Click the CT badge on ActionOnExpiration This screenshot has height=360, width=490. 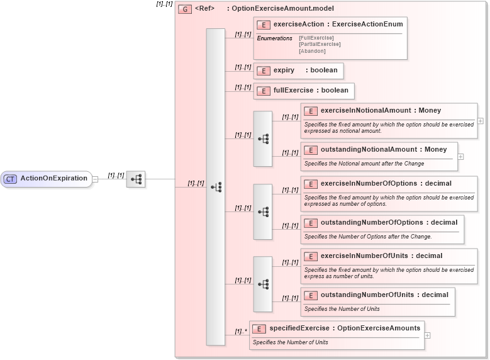tap(10, 179)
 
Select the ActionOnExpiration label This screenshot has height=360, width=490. tap(53, 179)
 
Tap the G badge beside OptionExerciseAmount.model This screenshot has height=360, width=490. tap(185, 9)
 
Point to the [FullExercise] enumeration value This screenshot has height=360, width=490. tap(316, 38)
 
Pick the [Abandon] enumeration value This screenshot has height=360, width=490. tap(312, 51)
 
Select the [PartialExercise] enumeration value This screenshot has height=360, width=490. tap(320, 45)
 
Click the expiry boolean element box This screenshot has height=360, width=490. tap(298, 70)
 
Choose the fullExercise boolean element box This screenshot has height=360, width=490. tap(304, 91)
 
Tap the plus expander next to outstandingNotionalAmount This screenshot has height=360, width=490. tap(460, 157)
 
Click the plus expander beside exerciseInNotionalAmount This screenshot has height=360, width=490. tap(481, 121)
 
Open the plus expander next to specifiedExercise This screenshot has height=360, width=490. tap(428, 335)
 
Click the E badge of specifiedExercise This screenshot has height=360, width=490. tap(259, 329)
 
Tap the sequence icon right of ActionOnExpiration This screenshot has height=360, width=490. tap(136, 179)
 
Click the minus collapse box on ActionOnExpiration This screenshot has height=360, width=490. tap(95, 179)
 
